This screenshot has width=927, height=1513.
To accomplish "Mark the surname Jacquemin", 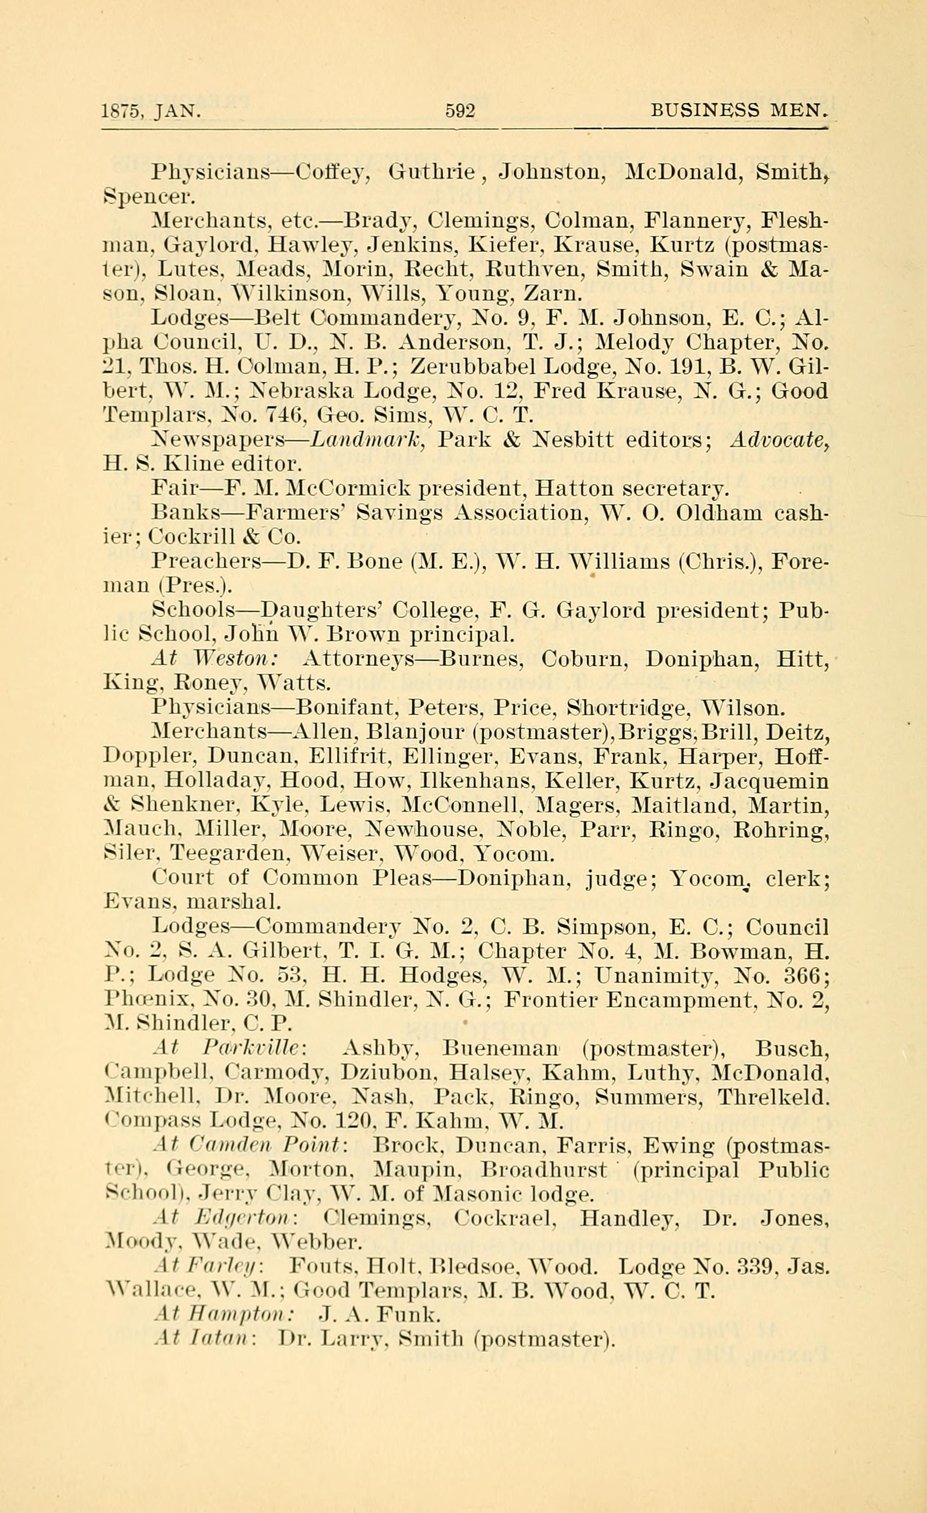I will click(769, 781).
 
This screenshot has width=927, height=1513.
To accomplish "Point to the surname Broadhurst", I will click(544, 1170).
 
